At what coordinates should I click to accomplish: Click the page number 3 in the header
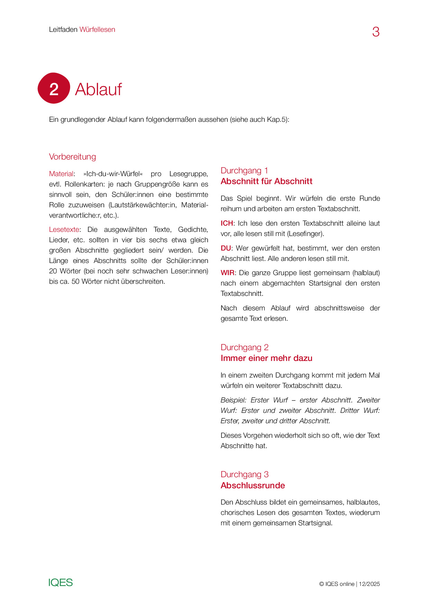(376, 32)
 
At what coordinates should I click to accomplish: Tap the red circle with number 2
(54, 88)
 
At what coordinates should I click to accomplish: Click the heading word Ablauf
(98, 89)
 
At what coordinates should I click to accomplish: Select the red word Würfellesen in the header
(97, 29)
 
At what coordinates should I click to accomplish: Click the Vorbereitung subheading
(72, 157)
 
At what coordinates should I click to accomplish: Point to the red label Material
(61, 174)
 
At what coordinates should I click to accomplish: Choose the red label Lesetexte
(64, 229)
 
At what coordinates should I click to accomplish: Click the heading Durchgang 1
(244, 171)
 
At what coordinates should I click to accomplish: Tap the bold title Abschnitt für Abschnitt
(266, 181)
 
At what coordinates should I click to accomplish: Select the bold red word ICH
(227, 223)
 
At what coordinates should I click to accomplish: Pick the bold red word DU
(226, 248)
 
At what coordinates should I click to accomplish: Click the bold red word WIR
(227, 273)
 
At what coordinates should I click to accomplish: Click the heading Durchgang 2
(245, 347)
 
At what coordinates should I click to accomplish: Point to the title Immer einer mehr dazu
(266, 358)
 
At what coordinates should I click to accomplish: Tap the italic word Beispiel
(233, 400)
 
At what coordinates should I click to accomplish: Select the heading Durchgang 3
(245, 474)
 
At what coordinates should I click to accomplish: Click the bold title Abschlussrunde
(253, 486)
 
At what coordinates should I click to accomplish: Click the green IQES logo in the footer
(61, 582)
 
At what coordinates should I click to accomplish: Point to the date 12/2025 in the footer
(369, 584)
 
